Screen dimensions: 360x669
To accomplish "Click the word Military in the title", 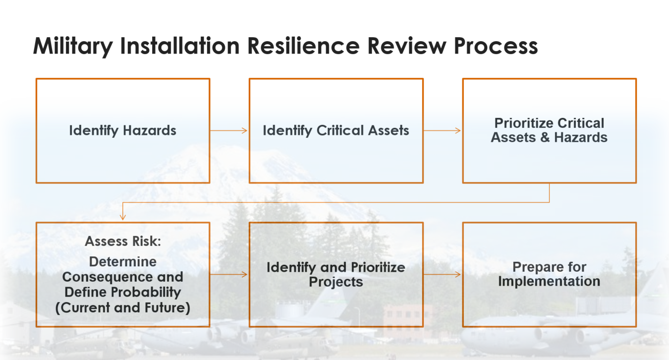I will (73, 46).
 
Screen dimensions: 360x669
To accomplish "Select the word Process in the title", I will (496, 46).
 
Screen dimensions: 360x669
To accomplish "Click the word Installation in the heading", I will (180, 46).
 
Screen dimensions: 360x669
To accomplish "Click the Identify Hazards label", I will (122, 131).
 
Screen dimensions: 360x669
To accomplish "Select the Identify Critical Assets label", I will (336, 131).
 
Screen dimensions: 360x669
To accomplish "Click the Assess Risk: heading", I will (122, 241).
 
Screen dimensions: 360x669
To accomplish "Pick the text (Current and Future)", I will (122, 307).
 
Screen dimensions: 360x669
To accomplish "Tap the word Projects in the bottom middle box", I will (336, 282).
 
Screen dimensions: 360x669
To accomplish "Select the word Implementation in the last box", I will (549, 282).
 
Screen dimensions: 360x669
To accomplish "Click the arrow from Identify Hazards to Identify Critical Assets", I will (229, 131).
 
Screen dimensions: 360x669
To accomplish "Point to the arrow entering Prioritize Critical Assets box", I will (443, 131).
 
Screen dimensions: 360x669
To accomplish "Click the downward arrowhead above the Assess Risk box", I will (122, 217).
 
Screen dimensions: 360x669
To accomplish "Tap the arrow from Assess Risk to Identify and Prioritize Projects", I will (229, 274).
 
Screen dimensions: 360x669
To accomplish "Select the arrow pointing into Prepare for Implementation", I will (443, 274).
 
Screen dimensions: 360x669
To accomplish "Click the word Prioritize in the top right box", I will (524, 123).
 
